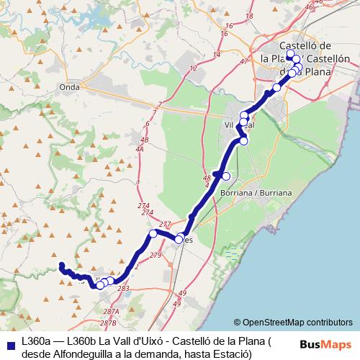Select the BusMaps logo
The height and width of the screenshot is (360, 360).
pos(325,345)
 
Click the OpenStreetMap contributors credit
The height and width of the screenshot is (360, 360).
pos(293,322)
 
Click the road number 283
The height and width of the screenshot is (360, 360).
pos(124,288)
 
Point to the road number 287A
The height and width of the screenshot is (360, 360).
pos(110,311)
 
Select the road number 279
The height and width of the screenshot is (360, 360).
pos(156,256)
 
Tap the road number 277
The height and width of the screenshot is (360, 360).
pos(165,225)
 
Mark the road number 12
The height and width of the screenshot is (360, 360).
pos(193,68)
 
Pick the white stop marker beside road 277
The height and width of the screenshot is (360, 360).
pos(153,234)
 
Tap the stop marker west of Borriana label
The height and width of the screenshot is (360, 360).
pos(226,176)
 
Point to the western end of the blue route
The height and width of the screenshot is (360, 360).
pos(60,264)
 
